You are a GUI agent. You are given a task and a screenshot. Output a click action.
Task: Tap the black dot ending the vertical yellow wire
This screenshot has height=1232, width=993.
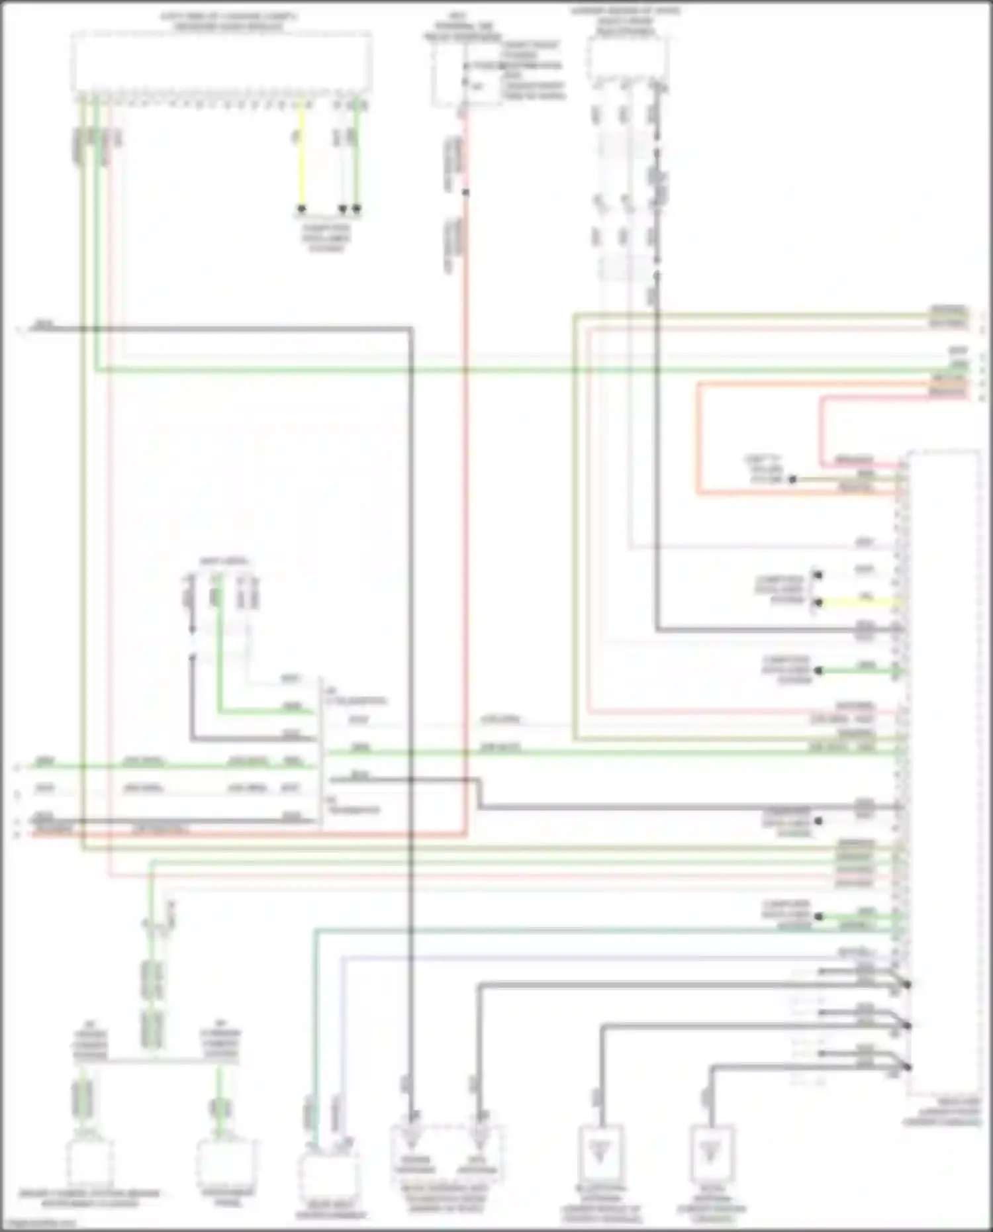click(x=301, y=209)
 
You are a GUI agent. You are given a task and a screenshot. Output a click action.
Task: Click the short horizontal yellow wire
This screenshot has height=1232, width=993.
click(x=861, y=603)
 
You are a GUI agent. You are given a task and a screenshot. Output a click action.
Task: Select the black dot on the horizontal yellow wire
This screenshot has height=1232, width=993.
click(x=819, y=603)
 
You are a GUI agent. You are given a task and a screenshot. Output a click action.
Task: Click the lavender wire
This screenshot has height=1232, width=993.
click(x=596, y=958)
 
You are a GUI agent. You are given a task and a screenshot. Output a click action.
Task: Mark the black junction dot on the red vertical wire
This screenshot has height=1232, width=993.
click(x=465, y=193)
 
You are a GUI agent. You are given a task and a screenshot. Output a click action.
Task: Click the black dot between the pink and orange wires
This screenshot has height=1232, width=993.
click(x=793, y=479)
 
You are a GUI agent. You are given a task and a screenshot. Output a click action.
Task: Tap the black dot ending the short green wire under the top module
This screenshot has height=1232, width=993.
click(x=357, y=209)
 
